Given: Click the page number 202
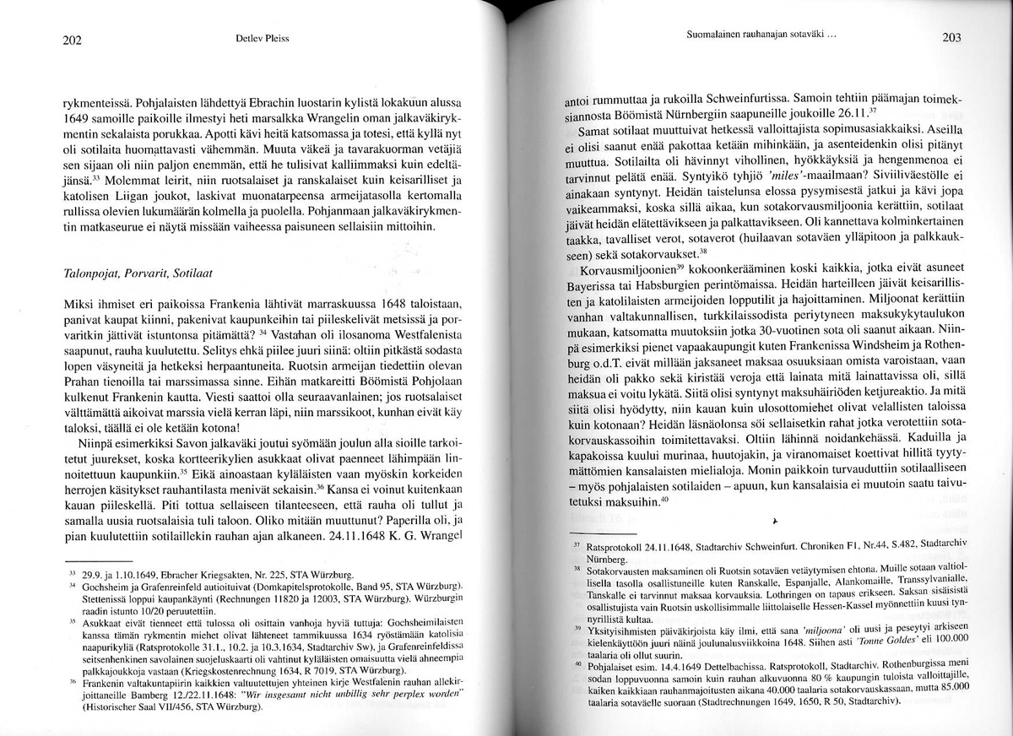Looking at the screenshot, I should (73, 39).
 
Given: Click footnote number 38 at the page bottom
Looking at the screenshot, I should (577, 569).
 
